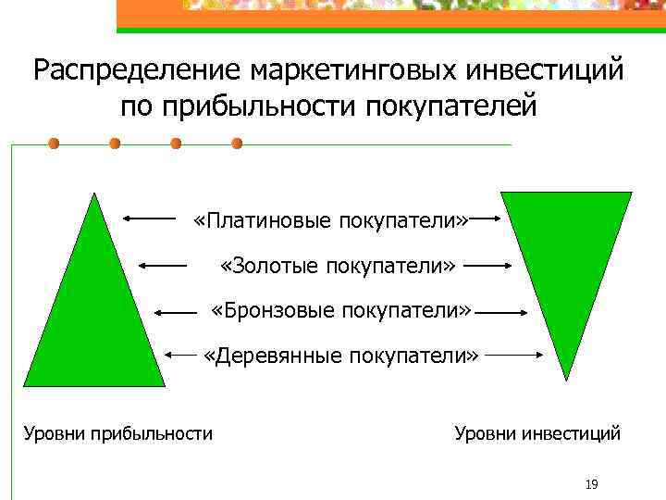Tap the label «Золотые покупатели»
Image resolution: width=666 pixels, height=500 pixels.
point(339,266)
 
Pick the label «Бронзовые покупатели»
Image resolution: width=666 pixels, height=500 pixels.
point(341,309)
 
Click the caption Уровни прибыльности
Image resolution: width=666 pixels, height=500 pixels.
point(117,433)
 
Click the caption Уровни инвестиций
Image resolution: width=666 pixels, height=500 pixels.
point(537,433)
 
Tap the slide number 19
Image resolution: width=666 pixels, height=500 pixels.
point(592,484)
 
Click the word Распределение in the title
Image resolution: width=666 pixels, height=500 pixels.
point(138,71)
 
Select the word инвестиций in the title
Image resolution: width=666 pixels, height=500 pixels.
point(549,71)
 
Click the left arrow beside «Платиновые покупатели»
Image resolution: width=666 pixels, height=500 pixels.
point(149,219)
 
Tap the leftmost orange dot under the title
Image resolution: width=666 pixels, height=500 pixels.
point(54,144)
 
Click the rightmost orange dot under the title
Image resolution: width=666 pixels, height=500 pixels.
point(237,144)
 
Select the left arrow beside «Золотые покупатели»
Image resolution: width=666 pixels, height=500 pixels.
point(162,265)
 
